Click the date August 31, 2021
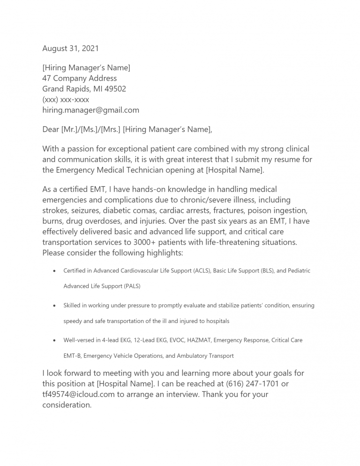70,48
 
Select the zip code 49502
115,89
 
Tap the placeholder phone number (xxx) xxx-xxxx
66,99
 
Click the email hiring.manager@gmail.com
90,110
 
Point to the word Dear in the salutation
51,129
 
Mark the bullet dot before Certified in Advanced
55,271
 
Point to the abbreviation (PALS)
132,286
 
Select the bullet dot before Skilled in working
55,306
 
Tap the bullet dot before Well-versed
55,340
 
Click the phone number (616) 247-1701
252,384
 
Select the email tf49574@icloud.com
78,394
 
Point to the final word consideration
67,405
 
